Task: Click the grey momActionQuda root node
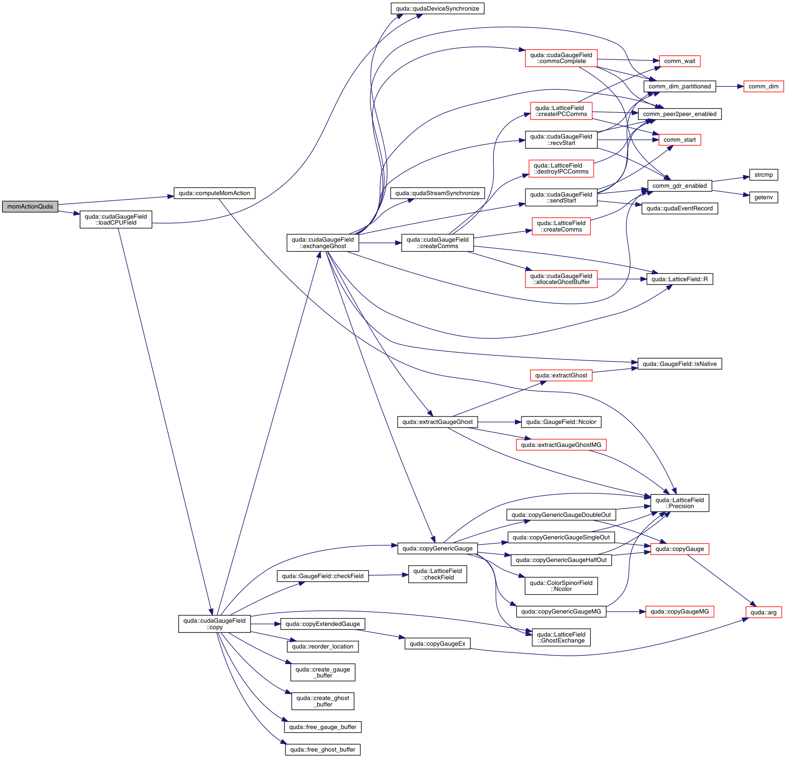point(30,207)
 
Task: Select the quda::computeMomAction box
point(214,193)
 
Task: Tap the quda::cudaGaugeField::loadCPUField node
point(116,220)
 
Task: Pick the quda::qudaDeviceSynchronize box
point(437,9)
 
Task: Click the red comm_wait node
point(680,61)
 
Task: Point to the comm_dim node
point(763,87)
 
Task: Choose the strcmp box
point(763,175)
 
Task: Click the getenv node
point(763,197)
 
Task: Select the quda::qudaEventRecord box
point(679,208)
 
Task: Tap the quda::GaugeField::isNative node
point(679,364)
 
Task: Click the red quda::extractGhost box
point(561,376)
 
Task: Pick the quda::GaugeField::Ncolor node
point(561,422)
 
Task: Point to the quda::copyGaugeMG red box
point(680,612)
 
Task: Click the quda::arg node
point(763,613)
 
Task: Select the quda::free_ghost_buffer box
point(323,750)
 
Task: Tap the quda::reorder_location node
point(323,647)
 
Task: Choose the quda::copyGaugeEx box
point(437,644)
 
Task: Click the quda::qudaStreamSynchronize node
point(437,193)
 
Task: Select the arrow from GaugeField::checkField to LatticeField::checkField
point(388,575)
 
